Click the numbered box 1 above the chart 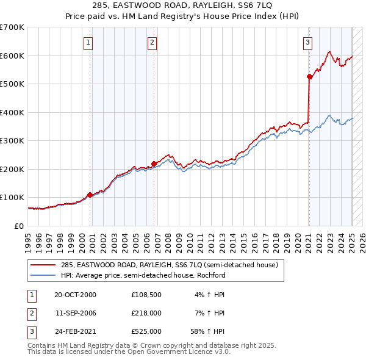(88, 43)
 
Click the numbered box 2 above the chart (152, 43)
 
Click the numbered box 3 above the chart (308, 43)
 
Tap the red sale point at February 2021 (309, 77)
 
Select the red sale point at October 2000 (90, 195)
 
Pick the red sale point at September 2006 (154, 164)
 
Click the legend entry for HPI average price (143, 275)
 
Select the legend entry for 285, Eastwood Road (169, 265)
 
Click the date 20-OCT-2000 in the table (75, 295)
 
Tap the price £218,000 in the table (146, 313)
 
